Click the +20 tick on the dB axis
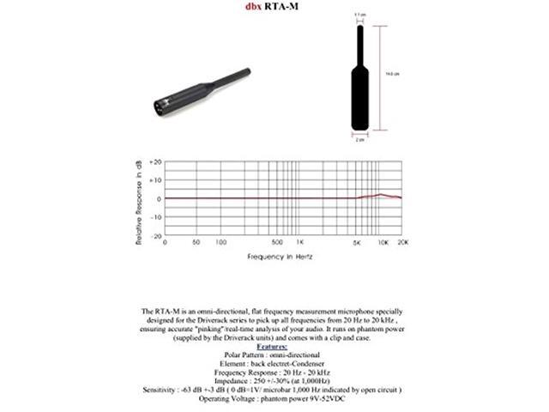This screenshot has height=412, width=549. pyautogui.click(x=156, y=161)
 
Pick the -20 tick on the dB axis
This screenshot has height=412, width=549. pyautogui.click(x=156, y=235)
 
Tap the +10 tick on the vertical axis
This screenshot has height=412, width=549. pyautogui.click(x=156, y=180)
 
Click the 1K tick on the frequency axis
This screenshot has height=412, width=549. pyautogui.click(x=299, y=243)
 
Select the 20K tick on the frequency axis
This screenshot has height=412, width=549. pyautogui.click(x=403, y=243)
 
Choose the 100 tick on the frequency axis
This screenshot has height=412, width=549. pyautogui.click(x=220, y=243)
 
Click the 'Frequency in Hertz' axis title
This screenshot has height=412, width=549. pyautogui.click(x=283, y=256)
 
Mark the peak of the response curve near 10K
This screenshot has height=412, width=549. pyautogui.click(x=381, y=195)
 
